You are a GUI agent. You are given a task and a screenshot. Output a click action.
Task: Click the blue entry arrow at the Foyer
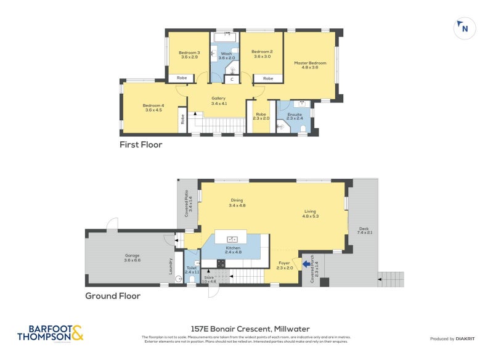307,264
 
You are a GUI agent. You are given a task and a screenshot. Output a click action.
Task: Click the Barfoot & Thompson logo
50,333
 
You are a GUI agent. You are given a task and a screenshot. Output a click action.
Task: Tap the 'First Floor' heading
141,145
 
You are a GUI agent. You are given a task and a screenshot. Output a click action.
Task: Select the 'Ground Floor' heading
113,296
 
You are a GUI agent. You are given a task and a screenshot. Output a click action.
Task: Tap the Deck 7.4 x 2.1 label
365,231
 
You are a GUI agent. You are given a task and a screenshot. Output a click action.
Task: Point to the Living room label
310,213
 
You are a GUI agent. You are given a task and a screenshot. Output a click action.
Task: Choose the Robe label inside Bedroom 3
182,78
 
